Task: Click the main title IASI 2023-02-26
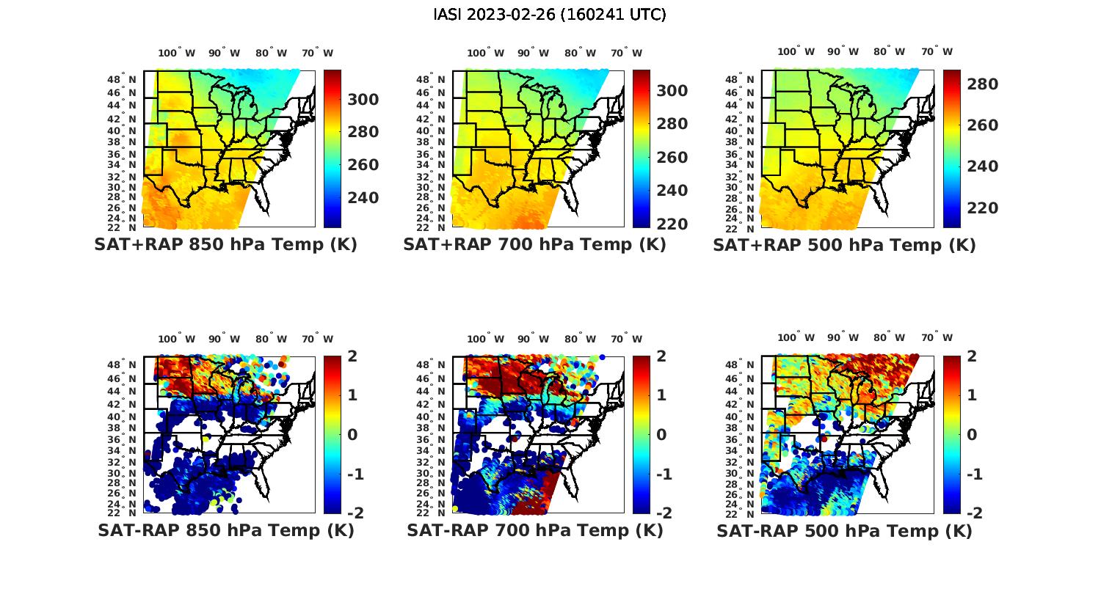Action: [x=550, y=15]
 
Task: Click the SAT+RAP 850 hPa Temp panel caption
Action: [x=225, y=245]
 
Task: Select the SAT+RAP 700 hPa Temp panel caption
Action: [x=534, y=245]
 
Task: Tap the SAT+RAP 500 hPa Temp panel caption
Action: [x=844, y=245]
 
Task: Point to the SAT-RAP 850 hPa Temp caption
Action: [x=225, y=530]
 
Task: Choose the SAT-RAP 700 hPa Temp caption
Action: [x=534, y=530]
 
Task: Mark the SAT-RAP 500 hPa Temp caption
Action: [x=844, y=530]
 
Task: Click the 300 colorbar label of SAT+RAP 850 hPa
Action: [x=363, y=100]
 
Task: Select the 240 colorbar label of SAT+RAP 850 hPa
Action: [x=363, y=198]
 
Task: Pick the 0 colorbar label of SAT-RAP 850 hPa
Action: [x=352, y=434]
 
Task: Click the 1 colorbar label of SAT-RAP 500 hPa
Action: [x=972, y=395]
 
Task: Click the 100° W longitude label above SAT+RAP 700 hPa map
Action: [x=485, y=53]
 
